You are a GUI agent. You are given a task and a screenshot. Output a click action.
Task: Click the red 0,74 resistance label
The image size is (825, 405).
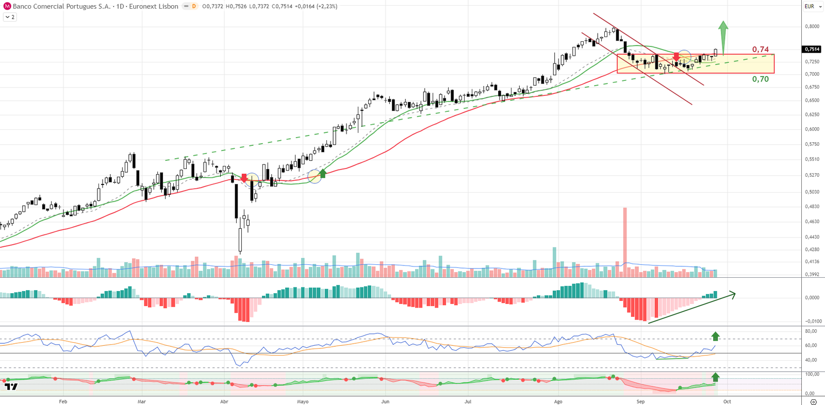pos(760,49)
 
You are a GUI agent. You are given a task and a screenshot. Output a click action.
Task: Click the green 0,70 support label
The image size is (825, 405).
pos(760,79)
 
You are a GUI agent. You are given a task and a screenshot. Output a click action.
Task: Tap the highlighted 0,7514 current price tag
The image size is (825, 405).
pos(812,49)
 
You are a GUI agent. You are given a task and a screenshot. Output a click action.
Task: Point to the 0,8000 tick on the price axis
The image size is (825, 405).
pos(812,26)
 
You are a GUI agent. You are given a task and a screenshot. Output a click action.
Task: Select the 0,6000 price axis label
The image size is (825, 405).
pos(812,129)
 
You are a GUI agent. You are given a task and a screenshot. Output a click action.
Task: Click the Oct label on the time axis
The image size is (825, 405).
pos(727,401)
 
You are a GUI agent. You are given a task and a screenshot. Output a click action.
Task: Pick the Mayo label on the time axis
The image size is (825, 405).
pos(303,401)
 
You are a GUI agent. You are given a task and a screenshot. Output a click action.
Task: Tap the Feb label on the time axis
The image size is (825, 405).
pos(63,401)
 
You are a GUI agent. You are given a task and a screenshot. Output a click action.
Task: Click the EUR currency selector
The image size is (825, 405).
pos(810,6)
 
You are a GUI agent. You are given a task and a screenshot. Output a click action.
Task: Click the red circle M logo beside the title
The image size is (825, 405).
pos(7,6)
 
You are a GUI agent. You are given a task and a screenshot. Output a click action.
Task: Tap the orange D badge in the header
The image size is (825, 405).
pos(194,6)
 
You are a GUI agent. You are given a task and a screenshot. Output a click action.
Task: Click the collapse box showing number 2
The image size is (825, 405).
pos(10,17)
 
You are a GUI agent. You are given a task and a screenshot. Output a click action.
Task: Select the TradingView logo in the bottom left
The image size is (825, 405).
pos(11,386)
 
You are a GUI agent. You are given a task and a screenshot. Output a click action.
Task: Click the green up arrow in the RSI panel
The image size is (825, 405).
pos(715,336)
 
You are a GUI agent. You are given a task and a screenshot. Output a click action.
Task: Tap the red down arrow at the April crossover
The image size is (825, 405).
pos(244,178)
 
